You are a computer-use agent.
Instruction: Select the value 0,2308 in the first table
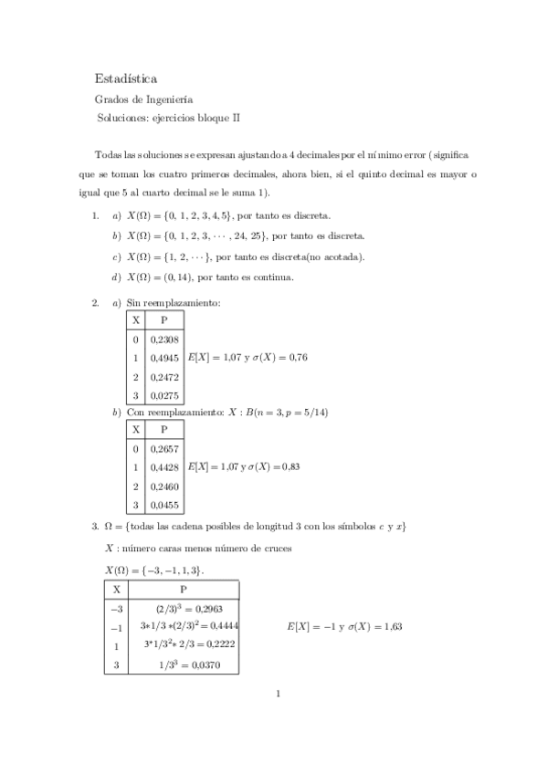[x=164, y=339]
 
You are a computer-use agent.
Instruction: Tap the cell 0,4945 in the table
[x=164, y=358]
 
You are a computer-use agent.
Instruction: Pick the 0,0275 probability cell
[x=164, y=395]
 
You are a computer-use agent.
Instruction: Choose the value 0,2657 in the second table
[x=164, y=448]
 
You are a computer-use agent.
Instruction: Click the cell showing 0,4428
[x=164, y=467]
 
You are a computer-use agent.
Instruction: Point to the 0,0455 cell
[x=164, y=504]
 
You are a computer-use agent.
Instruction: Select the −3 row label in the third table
[x=116, y=608]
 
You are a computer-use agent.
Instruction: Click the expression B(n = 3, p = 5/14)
[x=288, y=412]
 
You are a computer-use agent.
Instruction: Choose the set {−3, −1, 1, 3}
[x=174, y=570]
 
